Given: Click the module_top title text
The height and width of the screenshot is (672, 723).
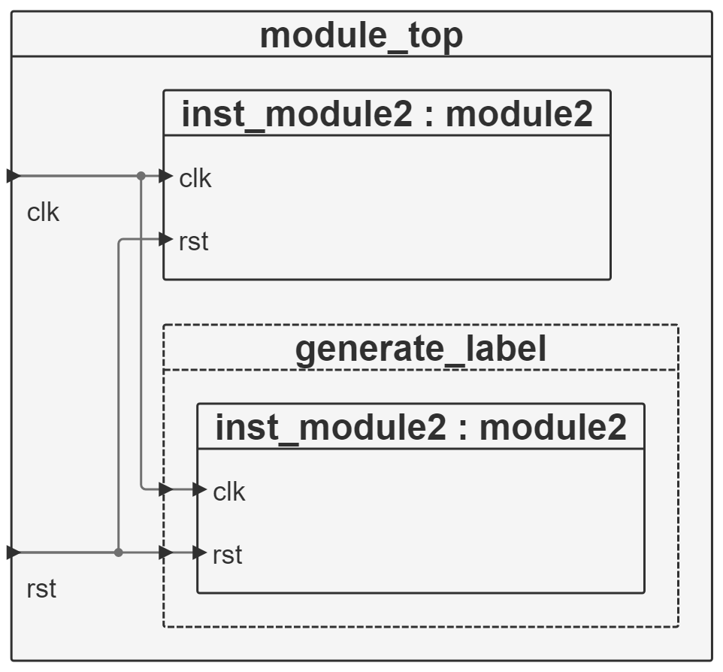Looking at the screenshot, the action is (361, 36).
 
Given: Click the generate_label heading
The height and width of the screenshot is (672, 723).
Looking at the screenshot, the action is (421, 349).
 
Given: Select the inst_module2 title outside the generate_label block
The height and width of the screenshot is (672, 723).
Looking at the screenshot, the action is (387, 114).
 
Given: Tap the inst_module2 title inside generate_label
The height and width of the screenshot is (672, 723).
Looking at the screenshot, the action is (421, 427).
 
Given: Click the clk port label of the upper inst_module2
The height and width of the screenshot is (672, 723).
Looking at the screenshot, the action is (195, 178).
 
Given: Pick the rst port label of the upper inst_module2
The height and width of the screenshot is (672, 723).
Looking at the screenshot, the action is (194, 241).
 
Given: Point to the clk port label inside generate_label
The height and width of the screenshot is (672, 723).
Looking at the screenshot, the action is (228, 492).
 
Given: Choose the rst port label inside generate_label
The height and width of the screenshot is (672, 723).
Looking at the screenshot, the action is (227, 555).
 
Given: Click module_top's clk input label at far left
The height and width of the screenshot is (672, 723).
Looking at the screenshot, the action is (43, 213).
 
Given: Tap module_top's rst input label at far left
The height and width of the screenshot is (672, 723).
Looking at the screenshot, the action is (41, 589).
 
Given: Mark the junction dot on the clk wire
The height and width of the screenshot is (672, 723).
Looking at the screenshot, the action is (141, 176).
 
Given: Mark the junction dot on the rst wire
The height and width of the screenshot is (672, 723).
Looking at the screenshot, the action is (119, 552).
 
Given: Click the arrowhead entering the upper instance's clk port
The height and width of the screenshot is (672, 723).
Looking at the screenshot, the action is (165, 176).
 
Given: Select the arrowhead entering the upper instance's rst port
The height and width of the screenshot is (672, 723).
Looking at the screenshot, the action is (165, 239).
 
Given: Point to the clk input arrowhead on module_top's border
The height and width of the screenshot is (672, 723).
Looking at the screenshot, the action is (14, 176).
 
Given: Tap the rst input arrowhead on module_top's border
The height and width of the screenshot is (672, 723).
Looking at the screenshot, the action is (14, 552).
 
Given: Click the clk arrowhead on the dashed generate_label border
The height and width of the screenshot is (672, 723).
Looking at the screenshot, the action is (165, 489).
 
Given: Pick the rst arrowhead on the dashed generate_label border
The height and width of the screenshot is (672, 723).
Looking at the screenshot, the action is (165, 552).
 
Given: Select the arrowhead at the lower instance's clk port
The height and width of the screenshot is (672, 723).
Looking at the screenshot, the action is (200, 489).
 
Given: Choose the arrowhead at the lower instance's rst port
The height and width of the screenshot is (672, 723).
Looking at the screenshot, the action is (200, 552).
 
